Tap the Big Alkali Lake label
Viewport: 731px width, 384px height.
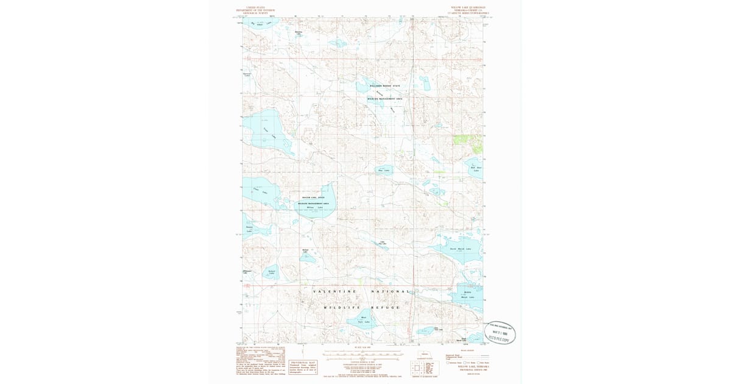coord(261,24)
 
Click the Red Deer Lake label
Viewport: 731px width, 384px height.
coord(476,168)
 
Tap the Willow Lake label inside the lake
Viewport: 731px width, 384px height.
coord(315,207)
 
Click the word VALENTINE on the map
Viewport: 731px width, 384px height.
coord(334,292)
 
